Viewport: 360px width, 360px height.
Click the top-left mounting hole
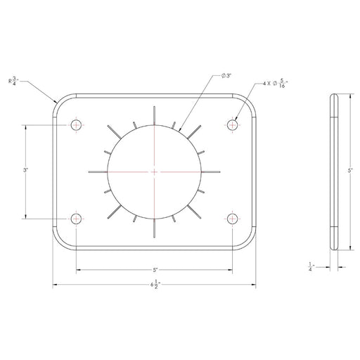pyautogui.click(x=76, y=124)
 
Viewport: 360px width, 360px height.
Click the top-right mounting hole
pyautogui.click(x=233, y=124)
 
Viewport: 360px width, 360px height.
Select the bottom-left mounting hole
pyautogui.click(x=76, y=219)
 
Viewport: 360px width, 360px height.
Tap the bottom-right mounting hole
pyautogui.click(x=233, y=219)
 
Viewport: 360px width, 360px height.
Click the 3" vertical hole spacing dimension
pyautogui.click(x=25, y=170)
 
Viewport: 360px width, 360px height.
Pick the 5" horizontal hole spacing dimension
pyautogui.click(x=154, y=269)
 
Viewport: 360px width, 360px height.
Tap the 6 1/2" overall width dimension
pyautogui.click(x=153, y=285)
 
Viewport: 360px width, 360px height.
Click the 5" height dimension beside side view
pyautogui.click(x=349, y=170)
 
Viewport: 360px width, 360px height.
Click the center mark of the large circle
pyautogui.click(x=154, y=172)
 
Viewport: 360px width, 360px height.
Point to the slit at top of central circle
pyautogui.click(x=154, y=115)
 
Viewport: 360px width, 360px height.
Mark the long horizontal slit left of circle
pyautogui.click(x=98, y=172)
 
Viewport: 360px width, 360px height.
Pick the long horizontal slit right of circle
pyautogui.click(x=211, y=172)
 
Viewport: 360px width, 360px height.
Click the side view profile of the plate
pyautogui.click(x=335, y=172)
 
